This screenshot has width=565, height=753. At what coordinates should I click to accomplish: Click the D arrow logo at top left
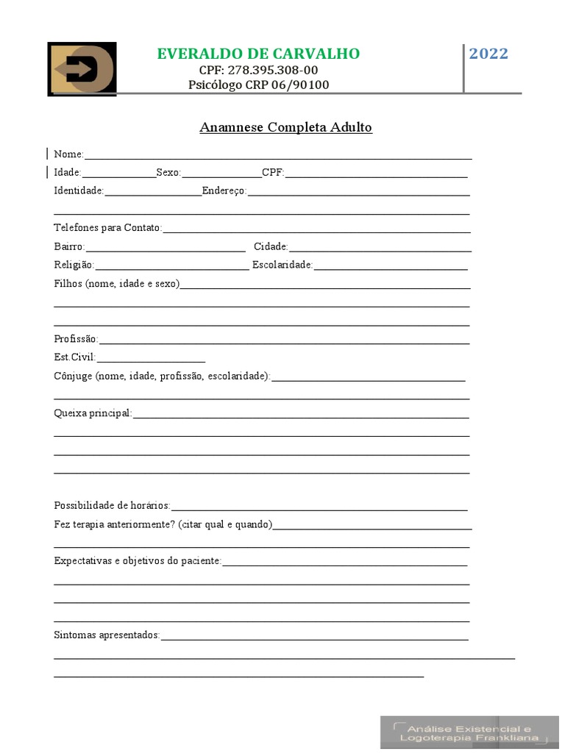tap(82, 69)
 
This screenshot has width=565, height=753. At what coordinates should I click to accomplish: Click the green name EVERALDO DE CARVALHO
tap(258, 54)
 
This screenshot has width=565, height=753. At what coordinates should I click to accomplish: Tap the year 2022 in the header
tap(488, 54)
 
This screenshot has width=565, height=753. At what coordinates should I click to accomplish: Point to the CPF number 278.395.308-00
tap(258, 70)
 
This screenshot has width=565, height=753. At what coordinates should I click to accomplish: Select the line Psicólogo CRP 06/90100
tap(258, 85)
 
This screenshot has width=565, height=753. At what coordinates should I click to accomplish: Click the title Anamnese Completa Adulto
tap(285, 127)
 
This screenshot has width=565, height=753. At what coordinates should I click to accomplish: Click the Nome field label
tap(68, 154)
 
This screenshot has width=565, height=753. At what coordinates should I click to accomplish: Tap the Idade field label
tap(67, 173)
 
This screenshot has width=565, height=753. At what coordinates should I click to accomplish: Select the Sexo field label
tap(168, 173)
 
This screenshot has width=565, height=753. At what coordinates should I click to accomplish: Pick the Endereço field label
tap(224, 191)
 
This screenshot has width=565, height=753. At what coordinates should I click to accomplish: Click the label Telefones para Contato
tap(107, 228)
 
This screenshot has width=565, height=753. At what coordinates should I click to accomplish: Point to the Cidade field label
tap(271, 246)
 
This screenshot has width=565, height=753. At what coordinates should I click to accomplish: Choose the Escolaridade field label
tap(282, 265)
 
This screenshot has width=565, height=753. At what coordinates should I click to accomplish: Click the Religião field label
tap(74, 265)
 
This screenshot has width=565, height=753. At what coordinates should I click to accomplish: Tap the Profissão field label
tap(76, 339)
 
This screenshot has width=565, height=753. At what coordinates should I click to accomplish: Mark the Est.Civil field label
tap(75, 357)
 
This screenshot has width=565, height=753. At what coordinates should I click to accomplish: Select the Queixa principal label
tap(93, 413)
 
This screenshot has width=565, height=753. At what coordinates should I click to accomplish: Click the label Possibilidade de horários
tap(112, 506)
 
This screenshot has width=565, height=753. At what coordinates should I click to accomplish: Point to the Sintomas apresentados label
tap(107, 635)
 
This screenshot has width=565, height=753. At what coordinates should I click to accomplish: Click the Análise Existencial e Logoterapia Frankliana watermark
tap(469, 732)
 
